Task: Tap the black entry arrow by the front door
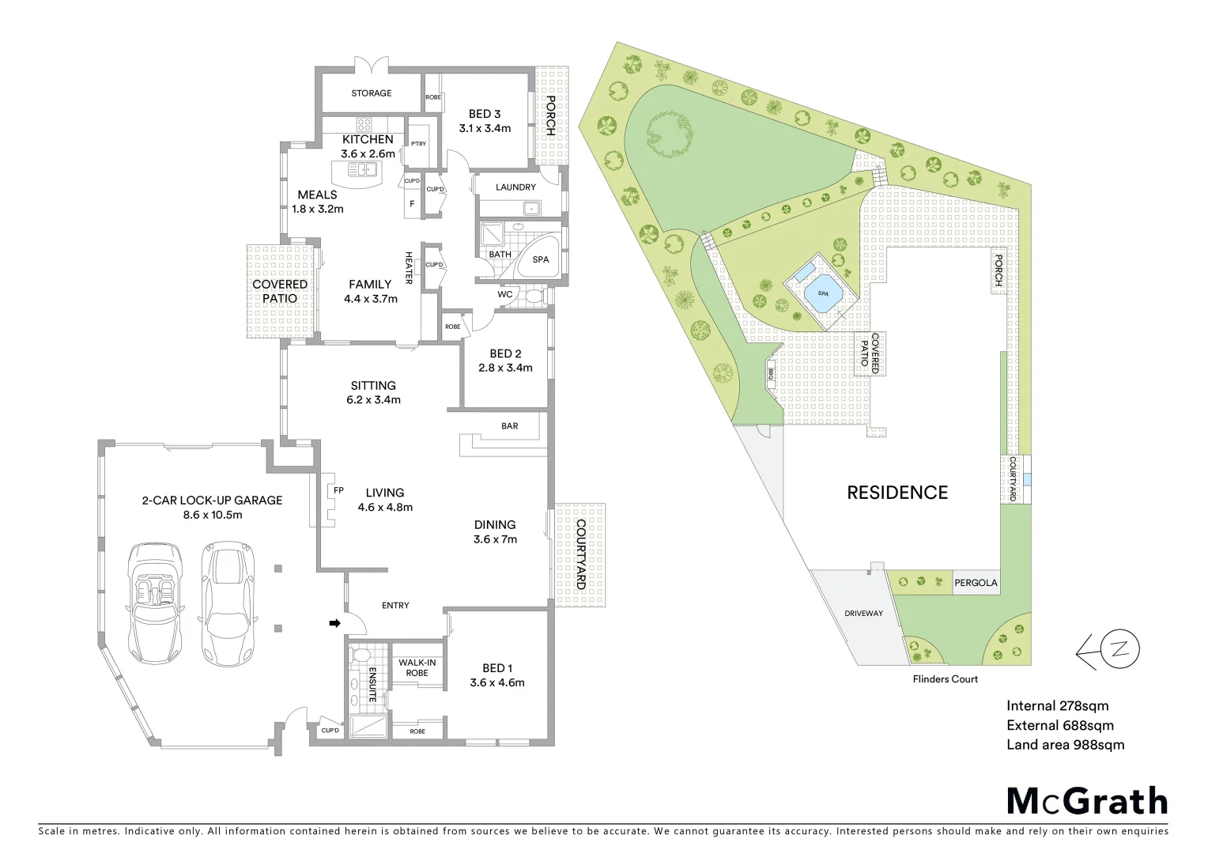point(334,623)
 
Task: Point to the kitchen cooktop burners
point(364,124)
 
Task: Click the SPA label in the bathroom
point(541,259)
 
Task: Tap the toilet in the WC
point(535,297)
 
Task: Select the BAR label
point(510,426)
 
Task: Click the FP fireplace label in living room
point(338,490)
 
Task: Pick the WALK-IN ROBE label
point(417,667)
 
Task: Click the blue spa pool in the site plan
point(823,294)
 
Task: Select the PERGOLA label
point(976,583)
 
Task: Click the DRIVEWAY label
point(863,613)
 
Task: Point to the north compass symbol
point(1118,651)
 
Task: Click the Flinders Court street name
point(945,678)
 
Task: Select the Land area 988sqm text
point(1065,744)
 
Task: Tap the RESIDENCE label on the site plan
point(897,493)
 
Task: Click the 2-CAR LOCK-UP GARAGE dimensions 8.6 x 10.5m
point(211,514)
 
